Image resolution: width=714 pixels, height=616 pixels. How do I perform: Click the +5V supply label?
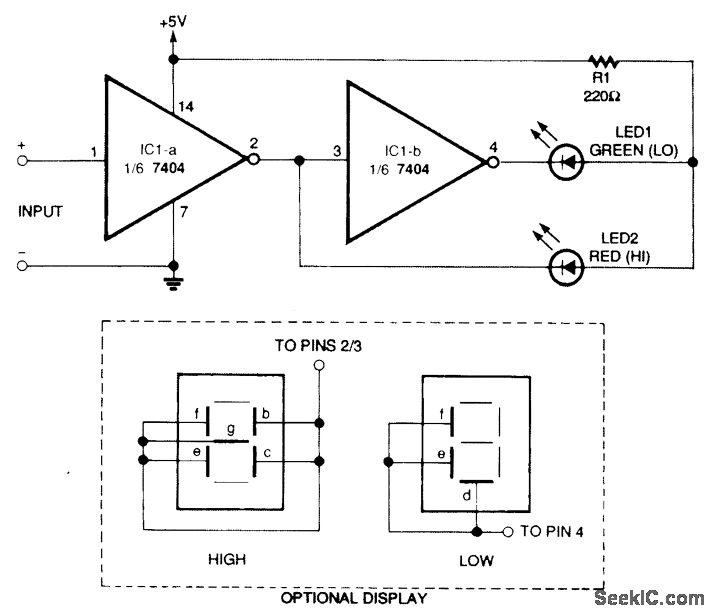point(173,18)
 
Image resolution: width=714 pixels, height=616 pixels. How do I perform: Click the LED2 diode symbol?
point(568,267)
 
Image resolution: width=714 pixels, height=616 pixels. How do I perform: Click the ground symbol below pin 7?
point(173,282)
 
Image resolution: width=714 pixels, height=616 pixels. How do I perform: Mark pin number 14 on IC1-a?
point(185,106)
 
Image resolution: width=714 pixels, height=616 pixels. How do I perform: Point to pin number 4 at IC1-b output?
point(493,145)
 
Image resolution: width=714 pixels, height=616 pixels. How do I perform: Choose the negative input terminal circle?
point(22,267)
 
